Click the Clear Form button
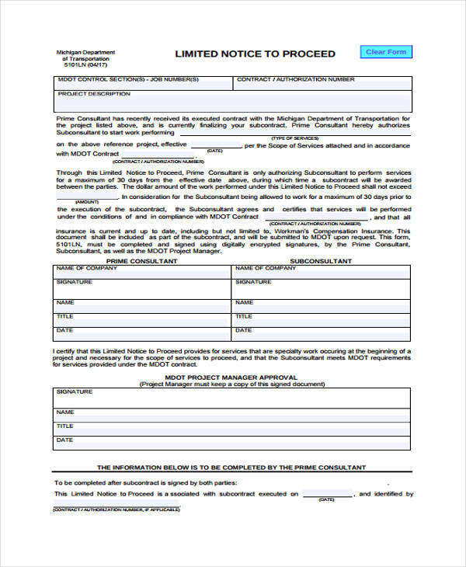tap(386, 52)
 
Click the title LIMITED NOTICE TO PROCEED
tap(255, 54)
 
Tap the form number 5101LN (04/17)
tap(85, 66)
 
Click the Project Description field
tap(232, 102)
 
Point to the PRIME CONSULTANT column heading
tap(142, 261)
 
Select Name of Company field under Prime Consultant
tap(142, 272)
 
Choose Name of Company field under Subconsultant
tap(322, 272)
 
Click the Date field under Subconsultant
tap(322, 334)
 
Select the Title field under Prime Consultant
tap(142, 318)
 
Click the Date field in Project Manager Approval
tap(232, 443)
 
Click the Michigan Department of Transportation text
tap(85, 55)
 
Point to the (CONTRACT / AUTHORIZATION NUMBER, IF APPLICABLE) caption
tap(116, 510)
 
